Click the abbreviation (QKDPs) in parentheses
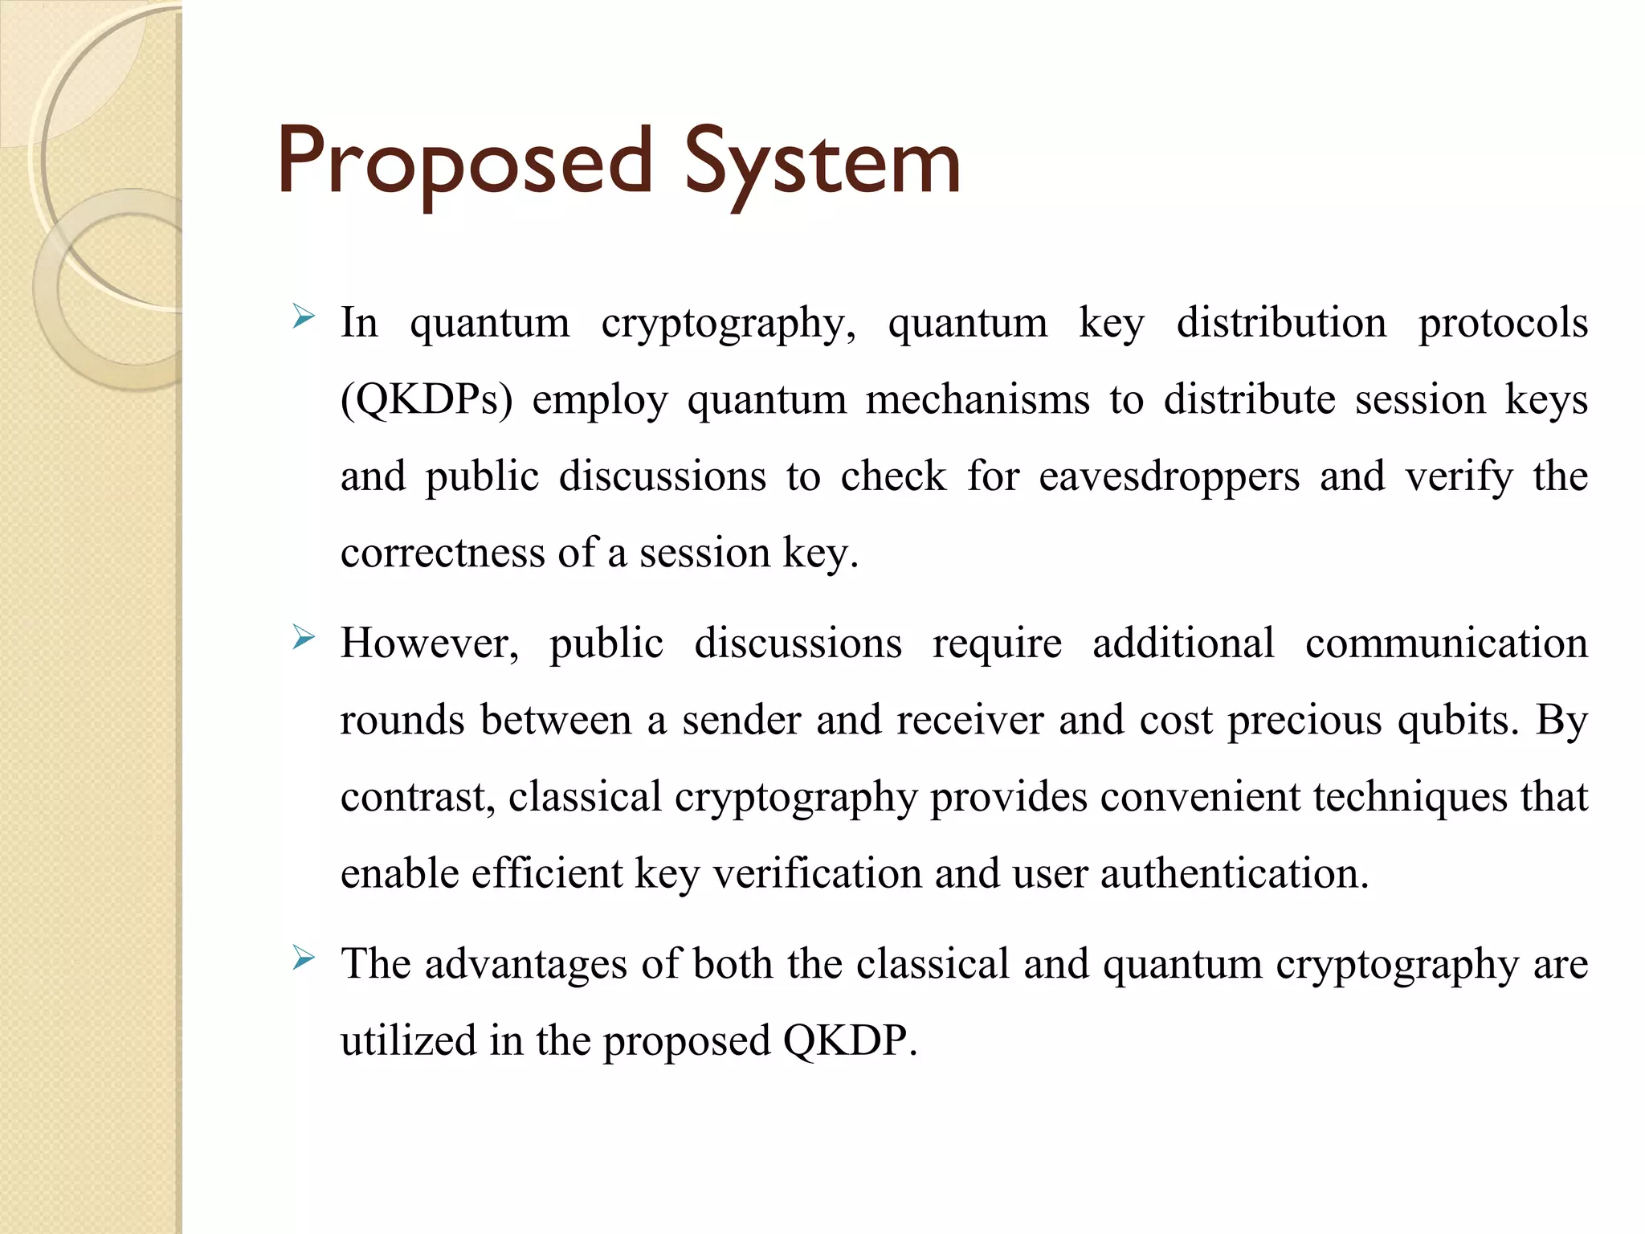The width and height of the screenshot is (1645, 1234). pyautogui.click(x=426, y=399)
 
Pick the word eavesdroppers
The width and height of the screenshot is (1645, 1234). pyautogui.click(x=1169, y=476)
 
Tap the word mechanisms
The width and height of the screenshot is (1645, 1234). pyautogui.click(x=977, y=399)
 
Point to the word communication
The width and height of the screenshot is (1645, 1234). pyautogui.click(x=1446, y=643)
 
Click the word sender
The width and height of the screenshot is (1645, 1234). pyautogui.click(x=741, y=720)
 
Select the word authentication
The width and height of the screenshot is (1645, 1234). pyautogui.click(x=1234, y=873)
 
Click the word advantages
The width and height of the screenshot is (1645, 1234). pyautogui.click(x=525, y=963)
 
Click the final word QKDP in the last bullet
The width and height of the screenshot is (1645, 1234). pyautogui.click(x=850, y=1040)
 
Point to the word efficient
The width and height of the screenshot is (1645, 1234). pyautogui.click(x=547, y=873)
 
